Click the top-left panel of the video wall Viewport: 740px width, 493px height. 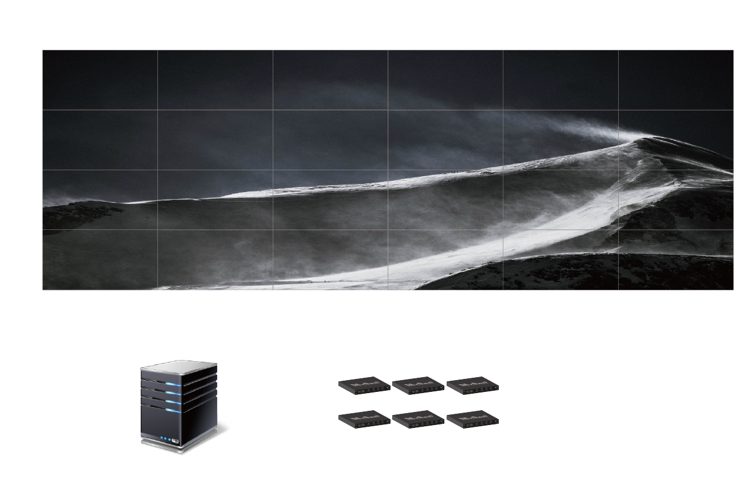coord(100,80)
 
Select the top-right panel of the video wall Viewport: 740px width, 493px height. coord(676,80)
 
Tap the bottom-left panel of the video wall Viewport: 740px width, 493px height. coord(100,260)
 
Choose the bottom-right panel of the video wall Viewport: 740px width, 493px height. coord(676,260)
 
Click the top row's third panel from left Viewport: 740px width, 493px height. coord(330,80)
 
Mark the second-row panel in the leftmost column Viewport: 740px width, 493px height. coord(100,140)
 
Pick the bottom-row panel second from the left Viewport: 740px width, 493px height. coord(215,260)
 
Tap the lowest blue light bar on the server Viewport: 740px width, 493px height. coord(173,411)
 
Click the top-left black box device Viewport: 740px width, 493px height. coord(364,384)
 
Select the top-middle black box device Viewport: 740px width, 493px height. coord(418,384)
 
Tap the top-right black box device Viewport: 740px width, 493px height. coord(472,384)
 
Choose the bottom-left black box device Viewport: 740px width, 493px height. coord(364,419)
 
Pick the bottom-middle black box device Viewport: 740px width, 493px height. coord(418,419)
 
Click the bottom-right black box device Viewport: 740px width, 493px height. coord(472,419)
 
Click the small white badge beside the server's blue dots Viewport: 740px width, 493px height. coord(176,440)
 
